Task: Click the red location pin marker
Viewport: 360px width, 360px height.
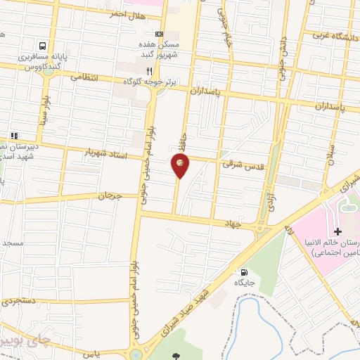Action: (180, 165)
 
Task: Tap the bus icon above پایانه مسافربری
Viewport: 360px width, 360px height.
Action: (44, 44)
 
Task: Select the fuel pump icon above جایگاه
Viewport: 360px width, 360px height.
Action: (244, 272)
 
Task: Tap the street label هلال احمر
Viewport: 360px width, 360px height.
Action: (127, 15)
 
